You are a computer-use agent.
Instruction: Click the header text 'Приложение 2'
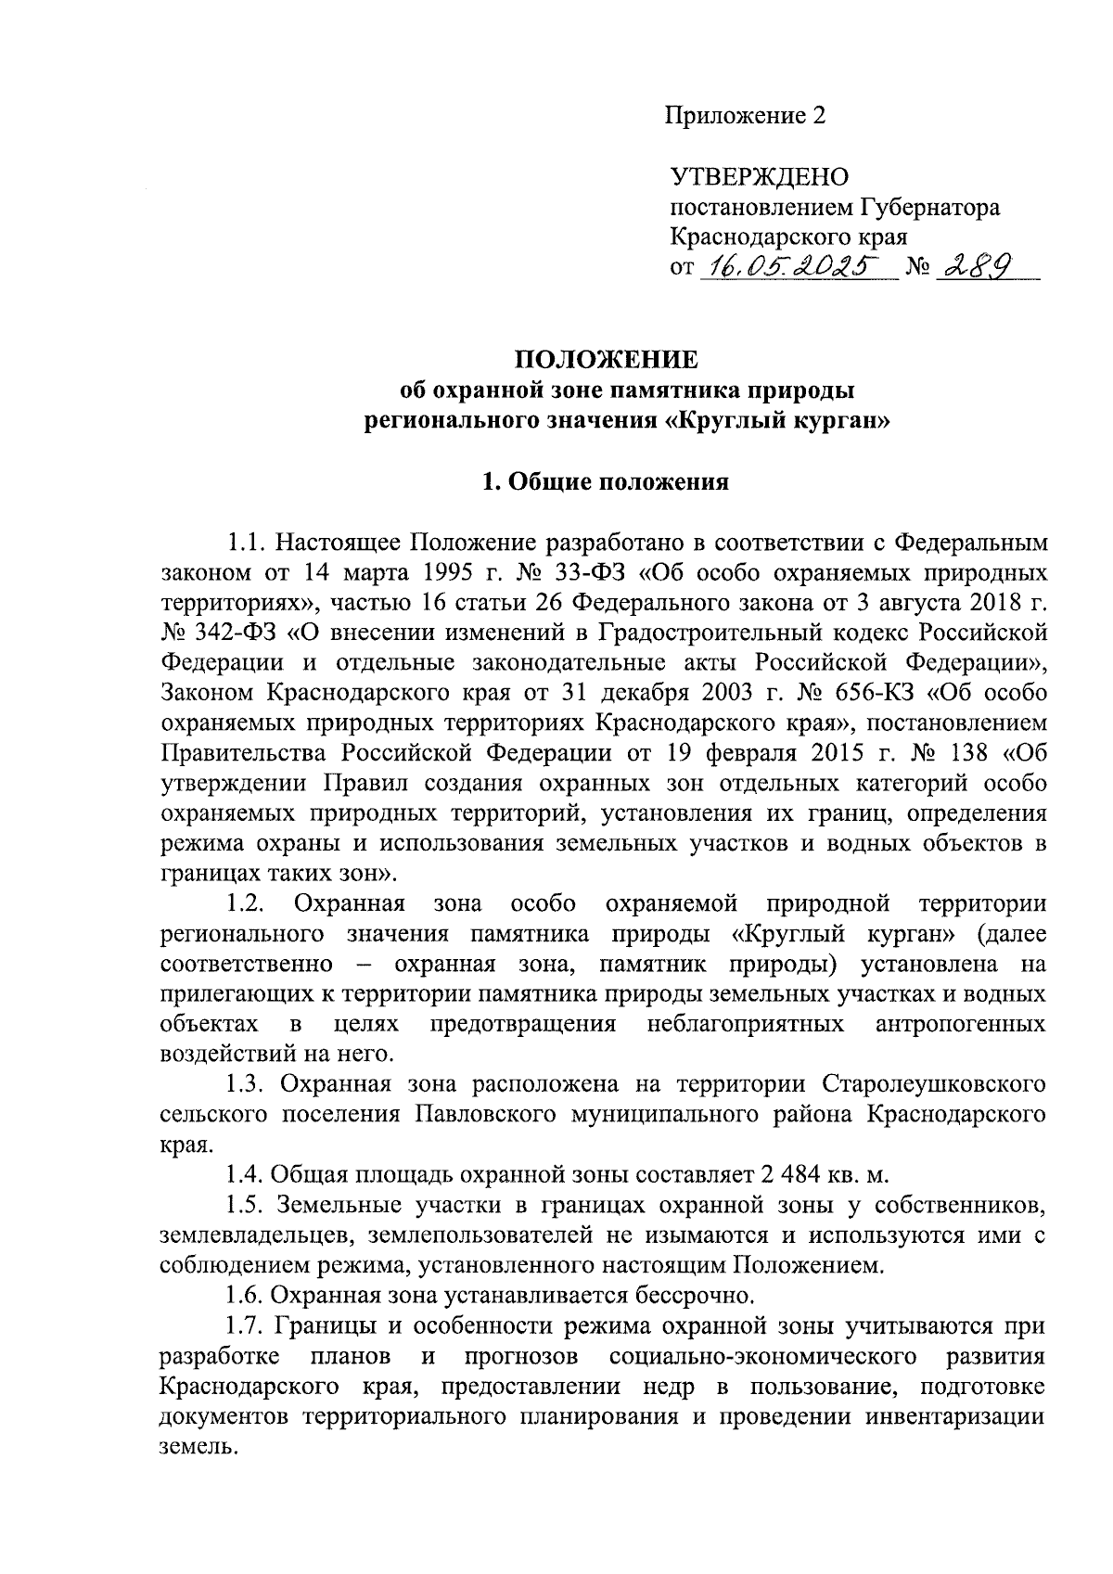[x=745, y=116]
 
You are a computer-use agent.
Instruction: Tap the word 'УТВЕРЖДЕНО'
[x=760, y=176]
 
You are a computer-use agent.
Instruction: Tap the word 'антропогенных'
[x=961, y=1024]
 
